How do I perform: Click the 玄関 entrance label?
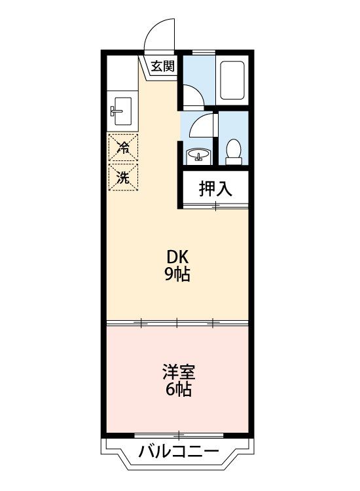(x=162, y=66)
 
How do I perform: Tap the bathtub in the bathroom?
(x=232, y=80)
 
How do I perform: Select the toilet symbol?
(x=234, y=152)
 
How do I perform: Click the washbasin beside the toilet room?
(x=198, y=156)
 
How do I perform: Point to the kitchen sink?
(x=122, y=111)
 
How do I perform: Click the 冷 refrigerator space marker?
(x=123, y=147)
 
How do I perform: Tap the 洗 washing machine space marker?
(x=123, y=177)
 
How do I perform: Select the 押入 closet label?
(x=216, y=189)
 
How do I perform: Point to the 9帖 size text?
(x=177, y=274)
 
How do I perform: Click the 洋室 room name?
(x=179, y=372)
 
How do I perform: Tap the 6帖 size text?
(x=179, y=390)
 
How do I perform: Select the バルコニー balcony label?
(x=179, y=452)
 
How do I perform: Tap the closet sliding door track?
(x=216, y=206)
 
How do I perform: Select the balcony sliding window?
(x=179, y=435)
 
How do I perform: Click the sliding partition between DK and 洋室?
(x=177, y=323)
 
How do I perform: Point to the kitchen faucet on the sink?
(x=116, y=111)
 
